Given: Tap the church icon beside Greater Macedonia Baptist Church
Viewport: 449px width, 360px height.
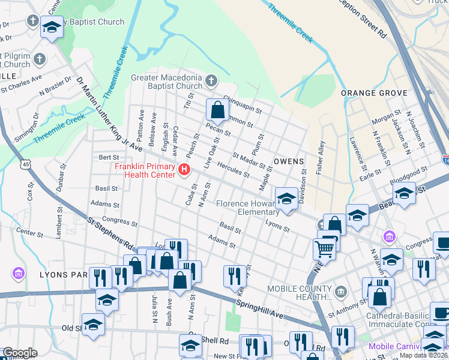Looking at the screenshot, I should [211, 80].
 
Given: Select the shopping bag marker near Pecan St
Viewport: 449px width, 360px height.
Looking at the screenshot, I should [217, 110].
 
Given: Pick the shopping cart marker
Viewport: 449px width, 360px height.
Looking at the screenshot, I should [324, 248].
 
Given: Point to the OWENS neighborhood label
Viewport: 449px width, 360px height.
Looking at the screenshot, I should [289, 162].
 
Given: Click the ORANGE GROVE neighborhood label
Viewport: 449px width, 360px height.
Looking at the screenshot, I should [374, 93].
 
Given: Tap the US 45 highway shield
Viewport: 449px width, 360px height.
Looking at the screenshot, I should [25, 164].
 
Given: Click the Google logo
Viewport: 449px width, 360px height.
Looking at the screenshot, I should [19, 352].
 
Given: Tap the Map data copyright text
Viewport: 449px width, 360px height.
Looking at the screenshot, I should [424, 355].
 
